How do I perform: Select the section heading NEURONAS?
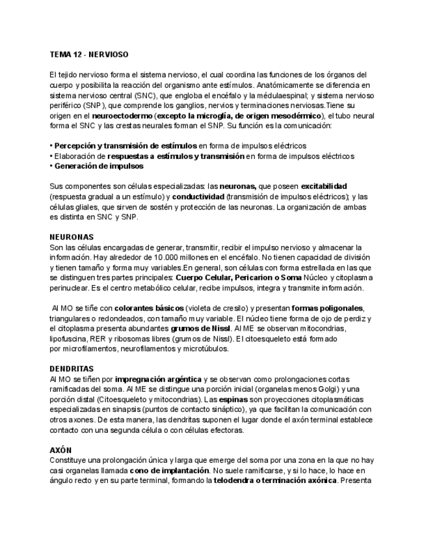[x=72, y=237]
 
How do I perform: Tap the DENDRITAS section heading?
[x=72, y=368]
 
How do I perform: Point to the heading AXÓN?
[x=60, y=450]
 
